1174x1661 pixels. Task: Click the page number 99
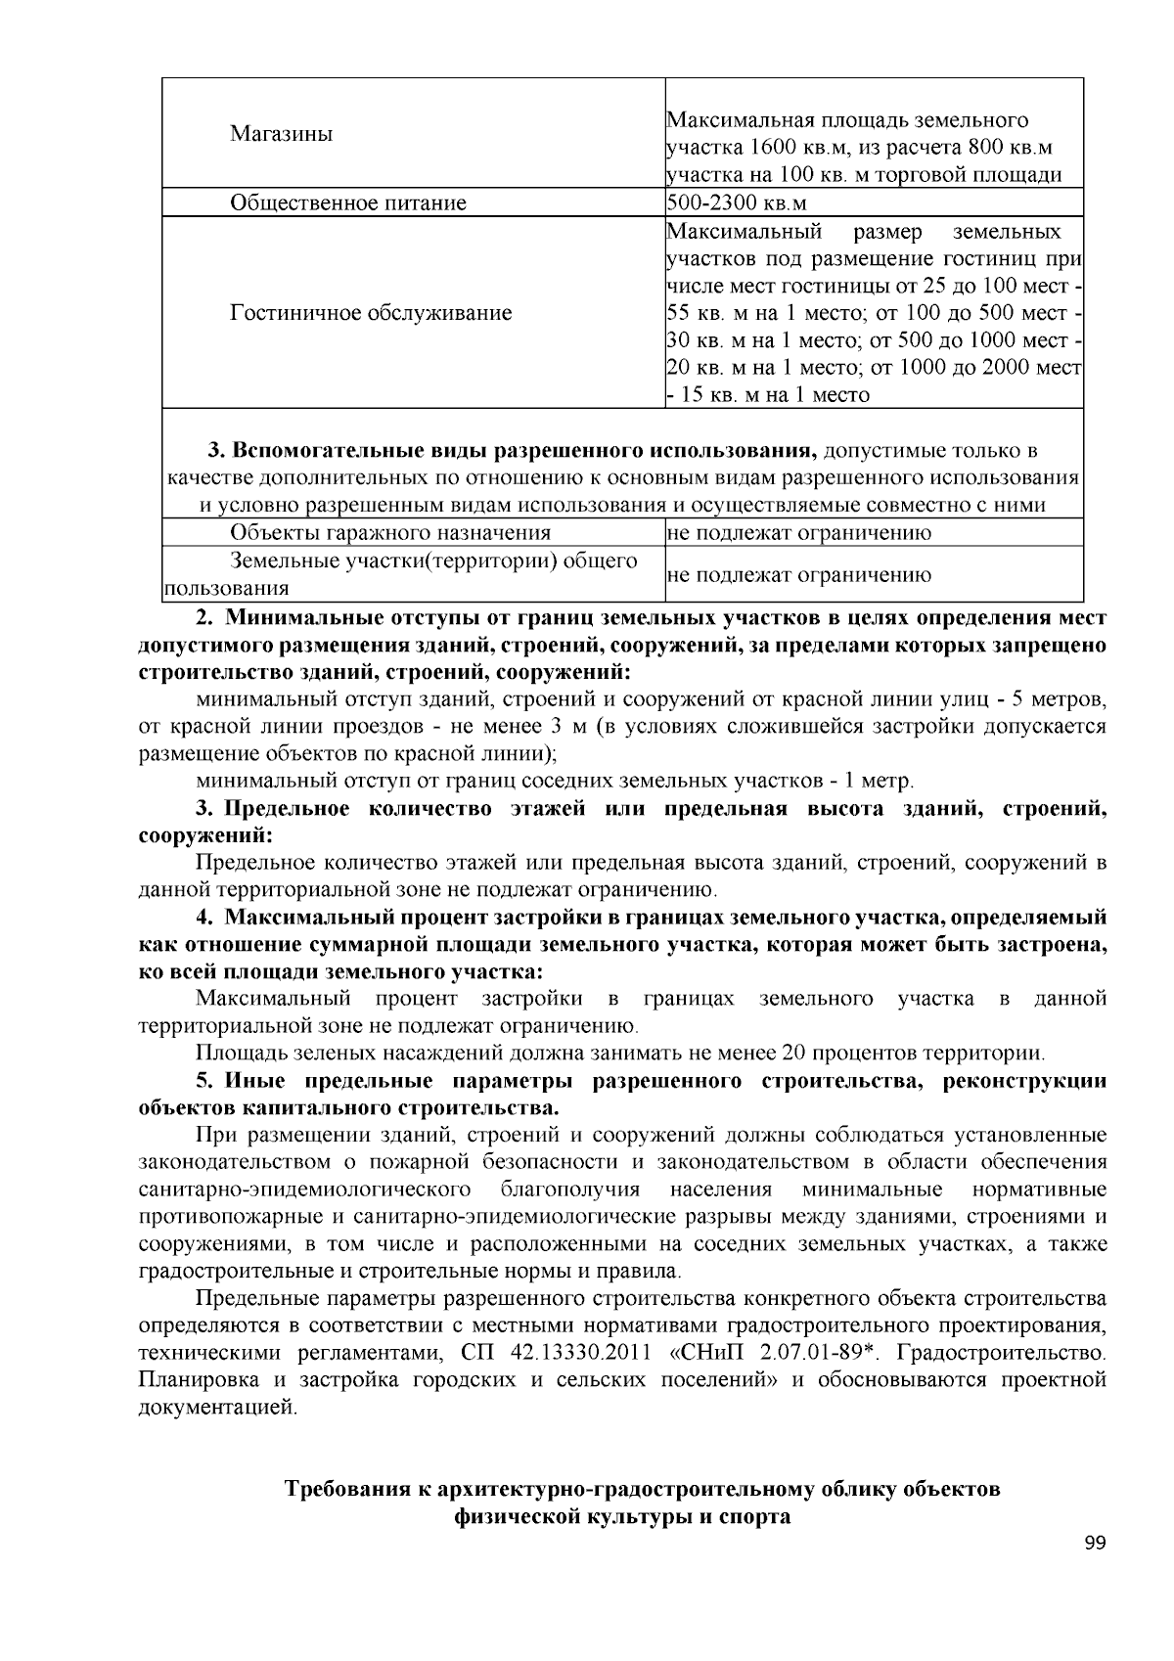tap(1095, 1545)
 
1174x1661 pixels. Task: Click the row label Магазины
tap(281, 134)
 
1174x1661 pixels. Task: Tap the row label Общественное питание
tap(347, 203)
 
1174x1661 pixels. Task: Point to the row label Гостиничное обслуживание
tap(371, 313)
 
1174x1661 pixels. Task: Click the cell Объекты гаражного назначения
tap(389, 533)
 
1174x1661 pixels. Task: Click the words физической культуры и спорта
tap(621, 1518)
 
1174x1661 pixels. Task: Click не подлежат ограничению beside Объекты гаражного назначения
tap(798, 533)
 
